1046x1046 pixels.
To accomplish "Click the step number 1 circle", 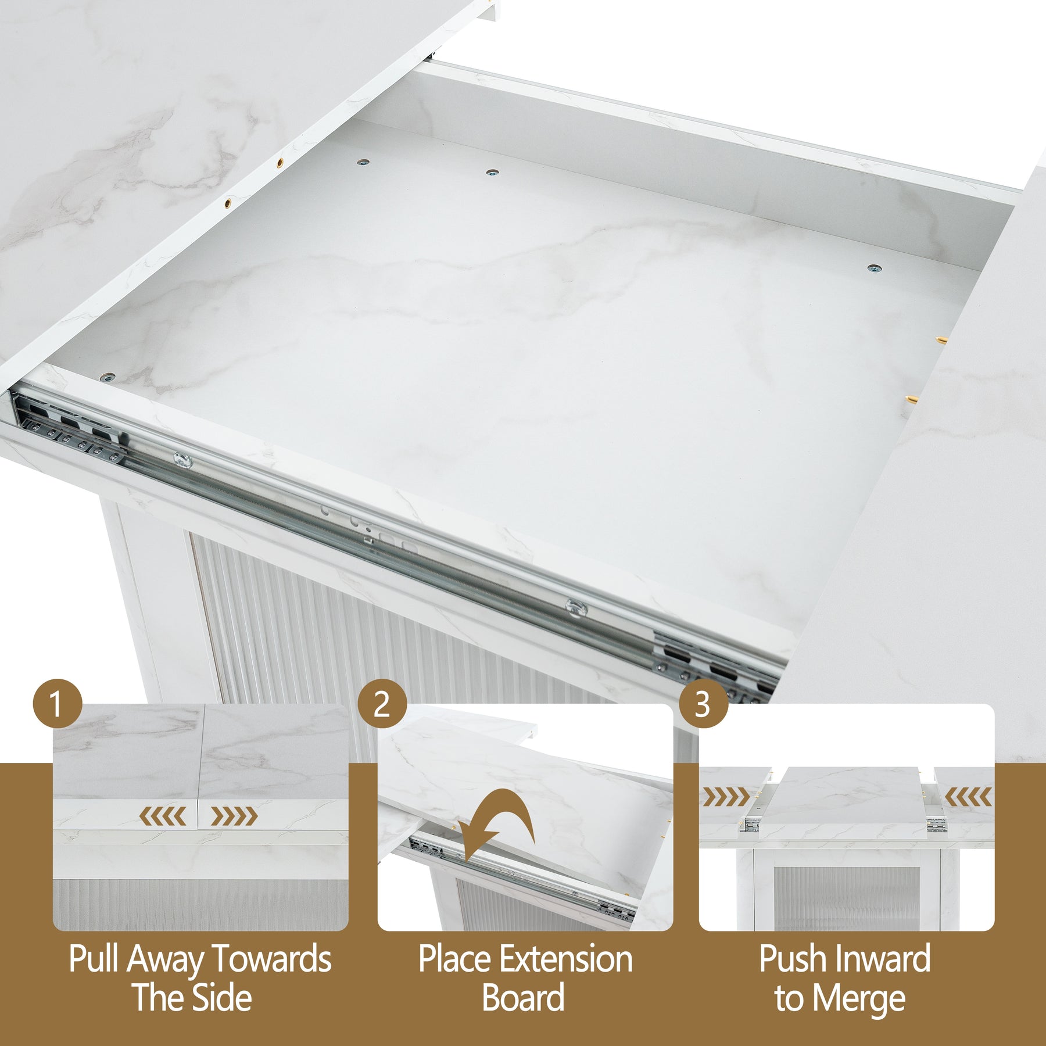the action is [x=58, y=704].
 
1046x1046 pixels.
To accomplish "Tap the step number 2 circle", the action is [x=382, y=704].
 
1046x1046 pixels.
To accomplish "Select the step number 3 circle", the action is [x=703, y=704].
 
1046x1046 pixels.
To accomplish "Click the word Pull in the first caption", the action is [x=95, y=959].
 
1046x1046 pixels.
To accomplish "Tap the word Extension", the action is [x=567, y=959].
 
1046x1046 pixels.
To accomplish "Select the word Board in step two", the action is [x=523, y=998].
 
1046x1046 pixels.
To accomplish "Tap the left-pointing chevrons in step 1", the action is [x=162, y=816].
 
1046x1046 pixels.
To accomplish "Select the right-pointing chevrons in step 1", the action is [x=234, y=816].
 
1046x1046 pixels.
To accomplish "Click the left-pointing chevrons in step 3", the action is [x=968, y=797].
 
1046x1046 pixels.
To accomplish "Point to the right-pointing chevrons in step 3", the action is [x=726, y=797].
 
